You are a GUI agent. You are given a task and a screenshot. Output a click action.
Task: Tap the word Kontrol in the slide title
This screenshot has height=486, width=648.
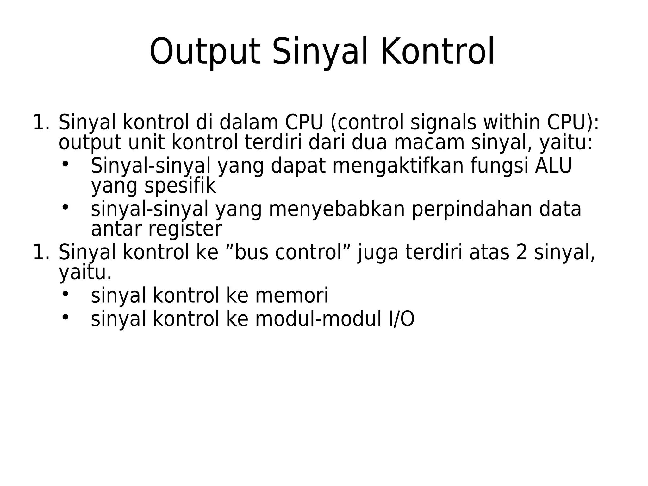coord(438,52)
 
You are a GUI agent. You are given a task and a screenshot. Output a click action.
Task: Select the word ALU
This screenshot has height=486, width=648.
coord(553,166)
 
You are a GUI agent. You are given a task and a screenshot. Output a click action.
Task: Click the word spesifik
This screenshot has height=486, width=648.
coord(180,186)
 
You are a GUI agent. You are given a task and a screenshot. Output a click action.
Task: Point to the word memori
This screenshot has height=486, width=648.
coord(292,296)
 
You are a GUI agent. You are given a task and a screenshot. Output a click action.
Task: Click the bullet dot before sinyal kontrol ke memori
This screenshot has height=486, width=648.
coord(65,294)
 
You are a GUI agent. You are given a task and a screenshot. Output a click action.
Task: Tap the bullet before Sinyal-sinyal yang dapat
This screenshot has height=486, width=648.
coord(65,164)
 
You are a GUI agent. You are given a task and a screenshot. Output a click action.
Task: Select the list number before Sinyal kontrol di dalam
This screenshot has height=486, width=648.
coord(40,123)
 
